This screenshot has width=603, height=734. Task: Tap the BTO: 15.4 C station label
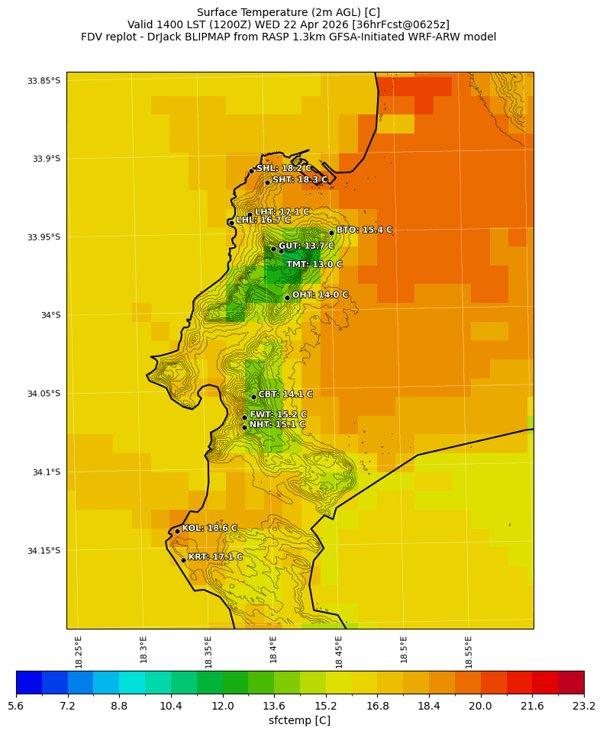pyautogui.click(x=364, y=230)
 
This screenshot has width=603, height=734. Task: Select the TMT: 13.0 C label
pyautogui.click(x=314, y=265)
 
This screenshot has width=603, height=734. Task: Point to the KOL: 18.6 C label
pyautogui.click(x=209, y=528)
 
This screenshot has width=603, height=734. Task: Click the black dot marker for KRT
pyautogui.click(x=183, y=560)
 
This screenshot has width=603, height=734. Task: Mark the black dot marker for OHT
pyautogui.click(x=287, y=298)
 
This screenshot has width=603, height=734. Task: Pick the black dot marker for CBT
pyautogui.click(x=253, y=397)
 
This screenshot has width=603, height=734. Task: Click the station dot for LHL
pyautogui.click(x=231, y=223)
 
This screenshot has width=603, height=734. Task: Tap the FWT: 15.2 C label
pyautogui.click(x=278, y=415)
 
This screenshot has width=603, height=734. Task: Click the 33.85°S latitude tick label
pyautogui.click(x=44, y=81)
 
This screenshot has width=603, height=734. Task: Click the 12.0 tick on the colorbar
pyautogui.click(x=222, y=707)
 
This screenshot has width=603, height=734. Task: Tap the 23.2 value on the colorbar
pyautogui.click(x=584, y=707)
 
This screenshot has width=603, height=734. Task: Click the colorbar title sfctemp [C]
pyautogui.click(x=299, y=720)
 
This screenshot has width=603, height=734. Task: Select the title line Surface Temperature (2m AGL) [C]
pyautogui.click(x=289, y=12)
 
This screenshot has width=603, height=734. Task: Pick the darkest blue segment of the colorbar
pyautogui.click(x=29, y=682)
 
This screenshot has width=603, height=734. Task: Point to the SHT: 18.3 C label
pyautogui.click(x=300, y=180)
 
